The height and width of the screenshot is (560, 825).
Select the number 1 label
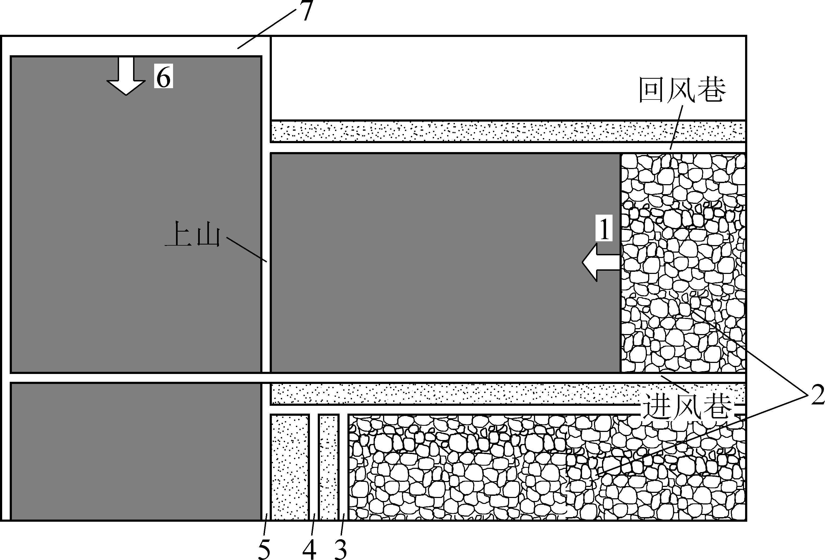pos(604,229)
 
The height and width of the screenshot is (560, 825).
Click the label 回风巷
pos(682,90)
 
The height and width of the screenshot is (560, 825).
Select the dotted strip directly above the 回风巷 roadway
pos(508,131)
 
